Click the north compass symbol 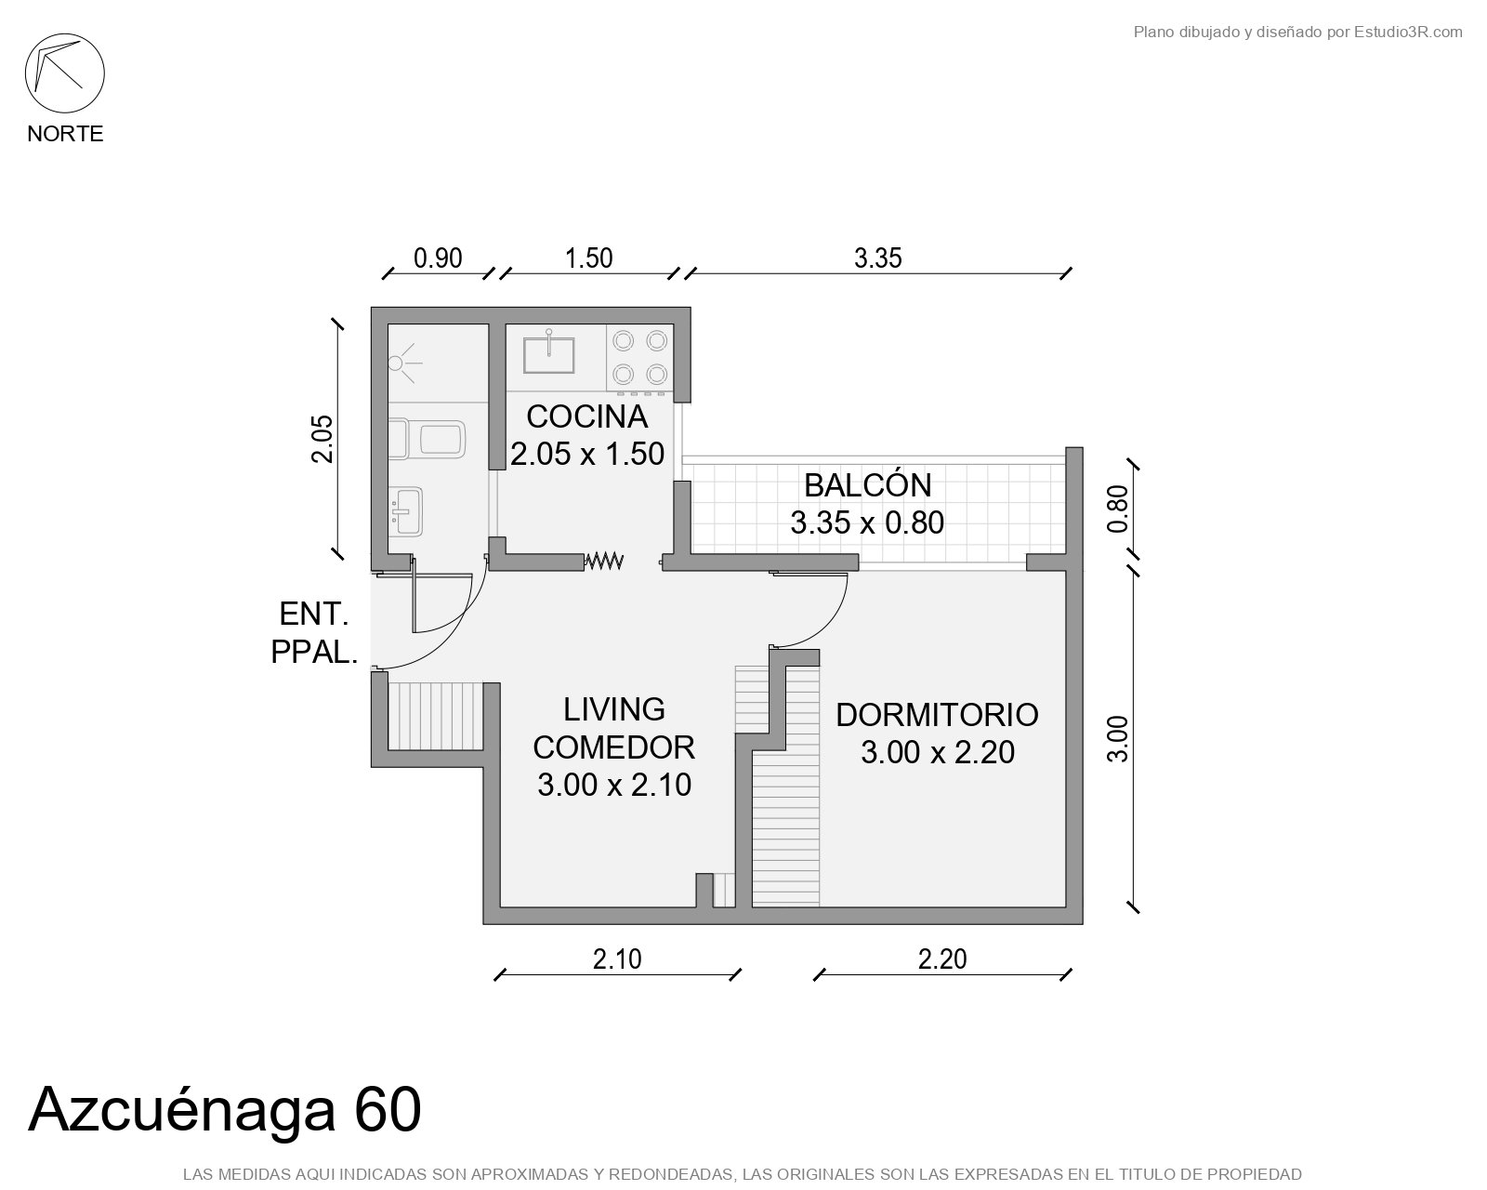[65, 73]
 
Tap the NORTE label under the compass [65, 134]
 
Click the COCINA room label [587, 416]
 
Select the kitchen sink [548, 353]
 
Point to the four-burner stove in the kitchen [639, 358]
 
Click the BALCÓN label [868, 485]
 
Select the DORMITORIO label [937, 715]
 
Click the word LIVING [614, 709]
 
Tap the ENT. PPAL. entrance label [314, 633]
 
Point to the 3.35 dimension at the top [877, 258]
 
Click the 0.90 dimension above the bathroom [438, 258]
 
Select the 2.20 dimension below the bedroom [941, 959]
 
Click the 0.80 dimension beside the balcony [1117, 509]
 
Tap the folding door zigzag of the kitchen [604, 561]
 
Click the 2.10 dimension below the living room [617, 959]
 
